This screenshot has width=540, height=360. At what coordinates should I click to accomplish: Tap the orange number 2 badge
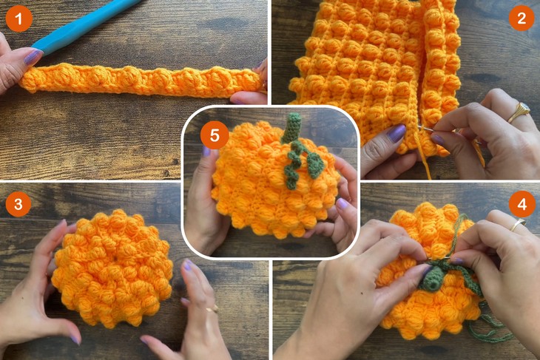(521, 18)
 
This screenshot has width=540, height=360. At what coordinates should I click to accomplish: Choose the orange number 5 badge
(215, 135)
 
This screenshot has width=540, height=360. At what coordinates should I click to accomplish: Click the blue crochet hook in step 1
(81, 26)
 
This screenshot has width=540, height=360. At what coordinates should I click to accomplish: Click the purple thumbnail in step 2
(397, 133)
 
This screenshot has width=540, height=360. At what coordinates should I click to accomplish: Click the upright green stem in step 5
(291, 127)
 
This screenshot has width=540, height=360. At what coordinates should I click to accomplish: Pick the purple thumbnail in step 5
(342, 203)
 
